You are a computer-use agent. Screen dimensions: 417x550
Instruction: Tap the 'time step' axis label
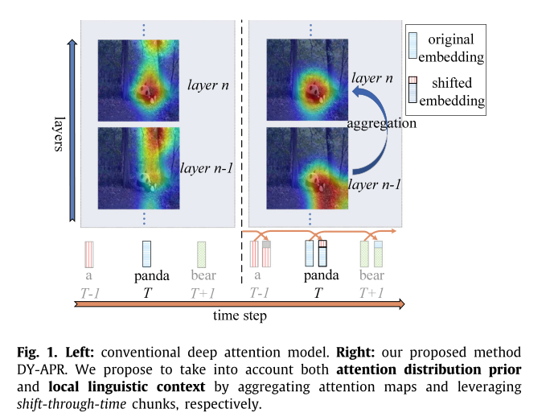click(240, 316)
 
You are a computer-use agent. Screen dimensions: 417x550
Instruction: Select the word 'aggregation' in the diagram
click(381, 124)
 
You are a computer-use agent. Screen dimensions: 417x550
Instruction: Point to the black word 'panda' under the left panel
click(146, 276)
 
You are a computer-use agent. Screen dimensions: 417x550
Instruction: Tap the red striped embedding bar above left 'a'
click(90, 254)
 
